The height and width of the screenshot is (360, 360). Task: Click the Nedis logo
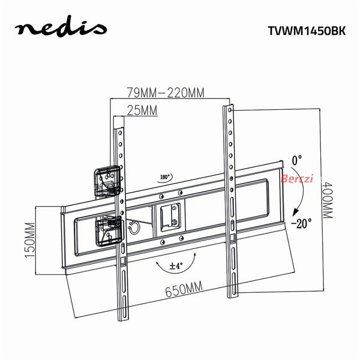[x=61, y=27]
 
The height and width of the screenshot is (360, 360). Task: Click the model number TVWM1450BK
[x=307, y=31]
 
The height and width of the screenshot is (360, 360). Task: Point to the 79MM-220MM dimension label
[x=166, y=92]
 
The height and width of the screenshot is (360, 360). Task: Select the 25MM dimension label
[x=142, y=110]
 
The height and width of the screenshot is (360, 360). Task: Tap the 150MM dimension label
[x=30, y=240]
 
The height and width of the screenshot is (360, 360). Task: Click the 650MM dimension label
[x=184, y=289]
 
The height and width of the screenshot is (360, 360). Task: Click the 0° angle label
[x=297, y=160]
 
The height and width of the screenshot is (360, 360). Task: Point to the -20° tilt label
[x=301, y=223]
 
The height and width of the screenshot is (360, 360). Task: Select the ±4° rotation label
[x=176, y=266]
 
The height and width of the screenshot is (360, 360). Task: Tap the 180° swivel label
[x=164, y=177]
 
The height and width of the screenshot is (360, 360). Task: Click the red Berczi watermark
[x=297, y=178]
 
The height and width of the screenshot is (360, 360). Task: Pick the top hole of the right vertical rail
[x=230, y=110]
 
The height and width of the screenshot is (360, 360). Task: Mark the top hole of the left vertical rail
[x=119, y=133]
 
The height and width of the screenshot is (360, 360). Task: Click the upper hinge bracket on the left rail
[x=107, y=182]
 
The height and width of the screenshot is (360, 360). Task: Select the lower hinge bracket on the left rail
[x=109, y=230]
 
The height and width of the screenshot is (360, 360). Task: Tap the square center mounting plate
[x=170, y=217]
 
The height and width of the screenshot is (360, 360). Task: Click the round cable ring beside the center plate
[x=134, y=228]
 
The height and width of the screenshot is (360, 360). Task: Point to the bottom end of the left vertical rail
[x=123, y=320]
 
